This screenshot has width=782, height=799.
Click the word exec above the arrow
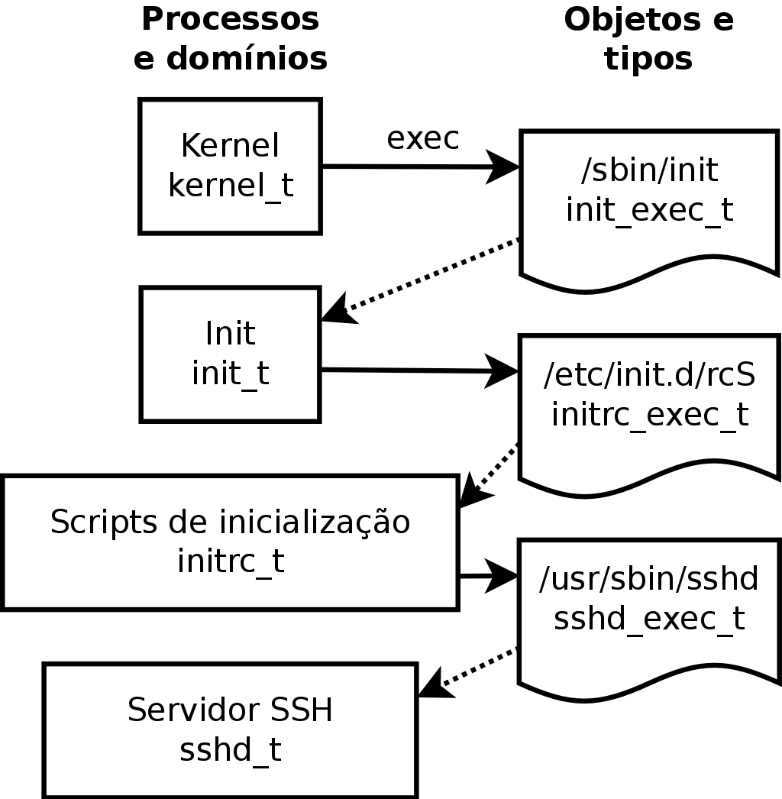pyautogui.click(x=422, y=139)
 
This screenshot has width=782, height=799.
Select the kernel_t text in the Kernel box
pyautogui.click(x=230, y=186)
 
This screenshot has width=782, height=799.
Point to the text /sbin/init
pyautogui.click(x=649, y=171)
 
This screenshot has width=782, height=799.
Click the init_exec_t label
pyautogui.click(x=649, y=209)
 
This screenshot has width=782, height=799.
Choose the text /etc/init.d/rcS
pyautogui.click(x=649, y=376)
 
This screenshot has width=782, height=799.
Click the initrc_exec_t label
pyautogui.click(x=649, y=414)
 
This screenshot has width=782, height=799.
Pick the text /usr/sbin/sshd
pyautogui.click(x=649, y=580)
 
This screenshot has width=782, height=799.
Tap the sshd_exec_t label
pyautogui.click(x=649, y=618)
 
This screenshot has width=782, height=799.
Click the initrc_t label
pyautogui.click(x=230, y=561)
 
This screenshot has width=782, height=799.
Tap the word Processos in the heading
pyautogui.click(x=230, y=20)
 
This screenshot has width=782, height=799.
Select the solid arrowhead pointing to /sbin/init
pyautogui.click(x=503, y=167)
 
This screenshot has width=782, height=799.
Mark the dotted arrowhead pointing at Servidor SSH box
pyautogui.click(x=431, y=684)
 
